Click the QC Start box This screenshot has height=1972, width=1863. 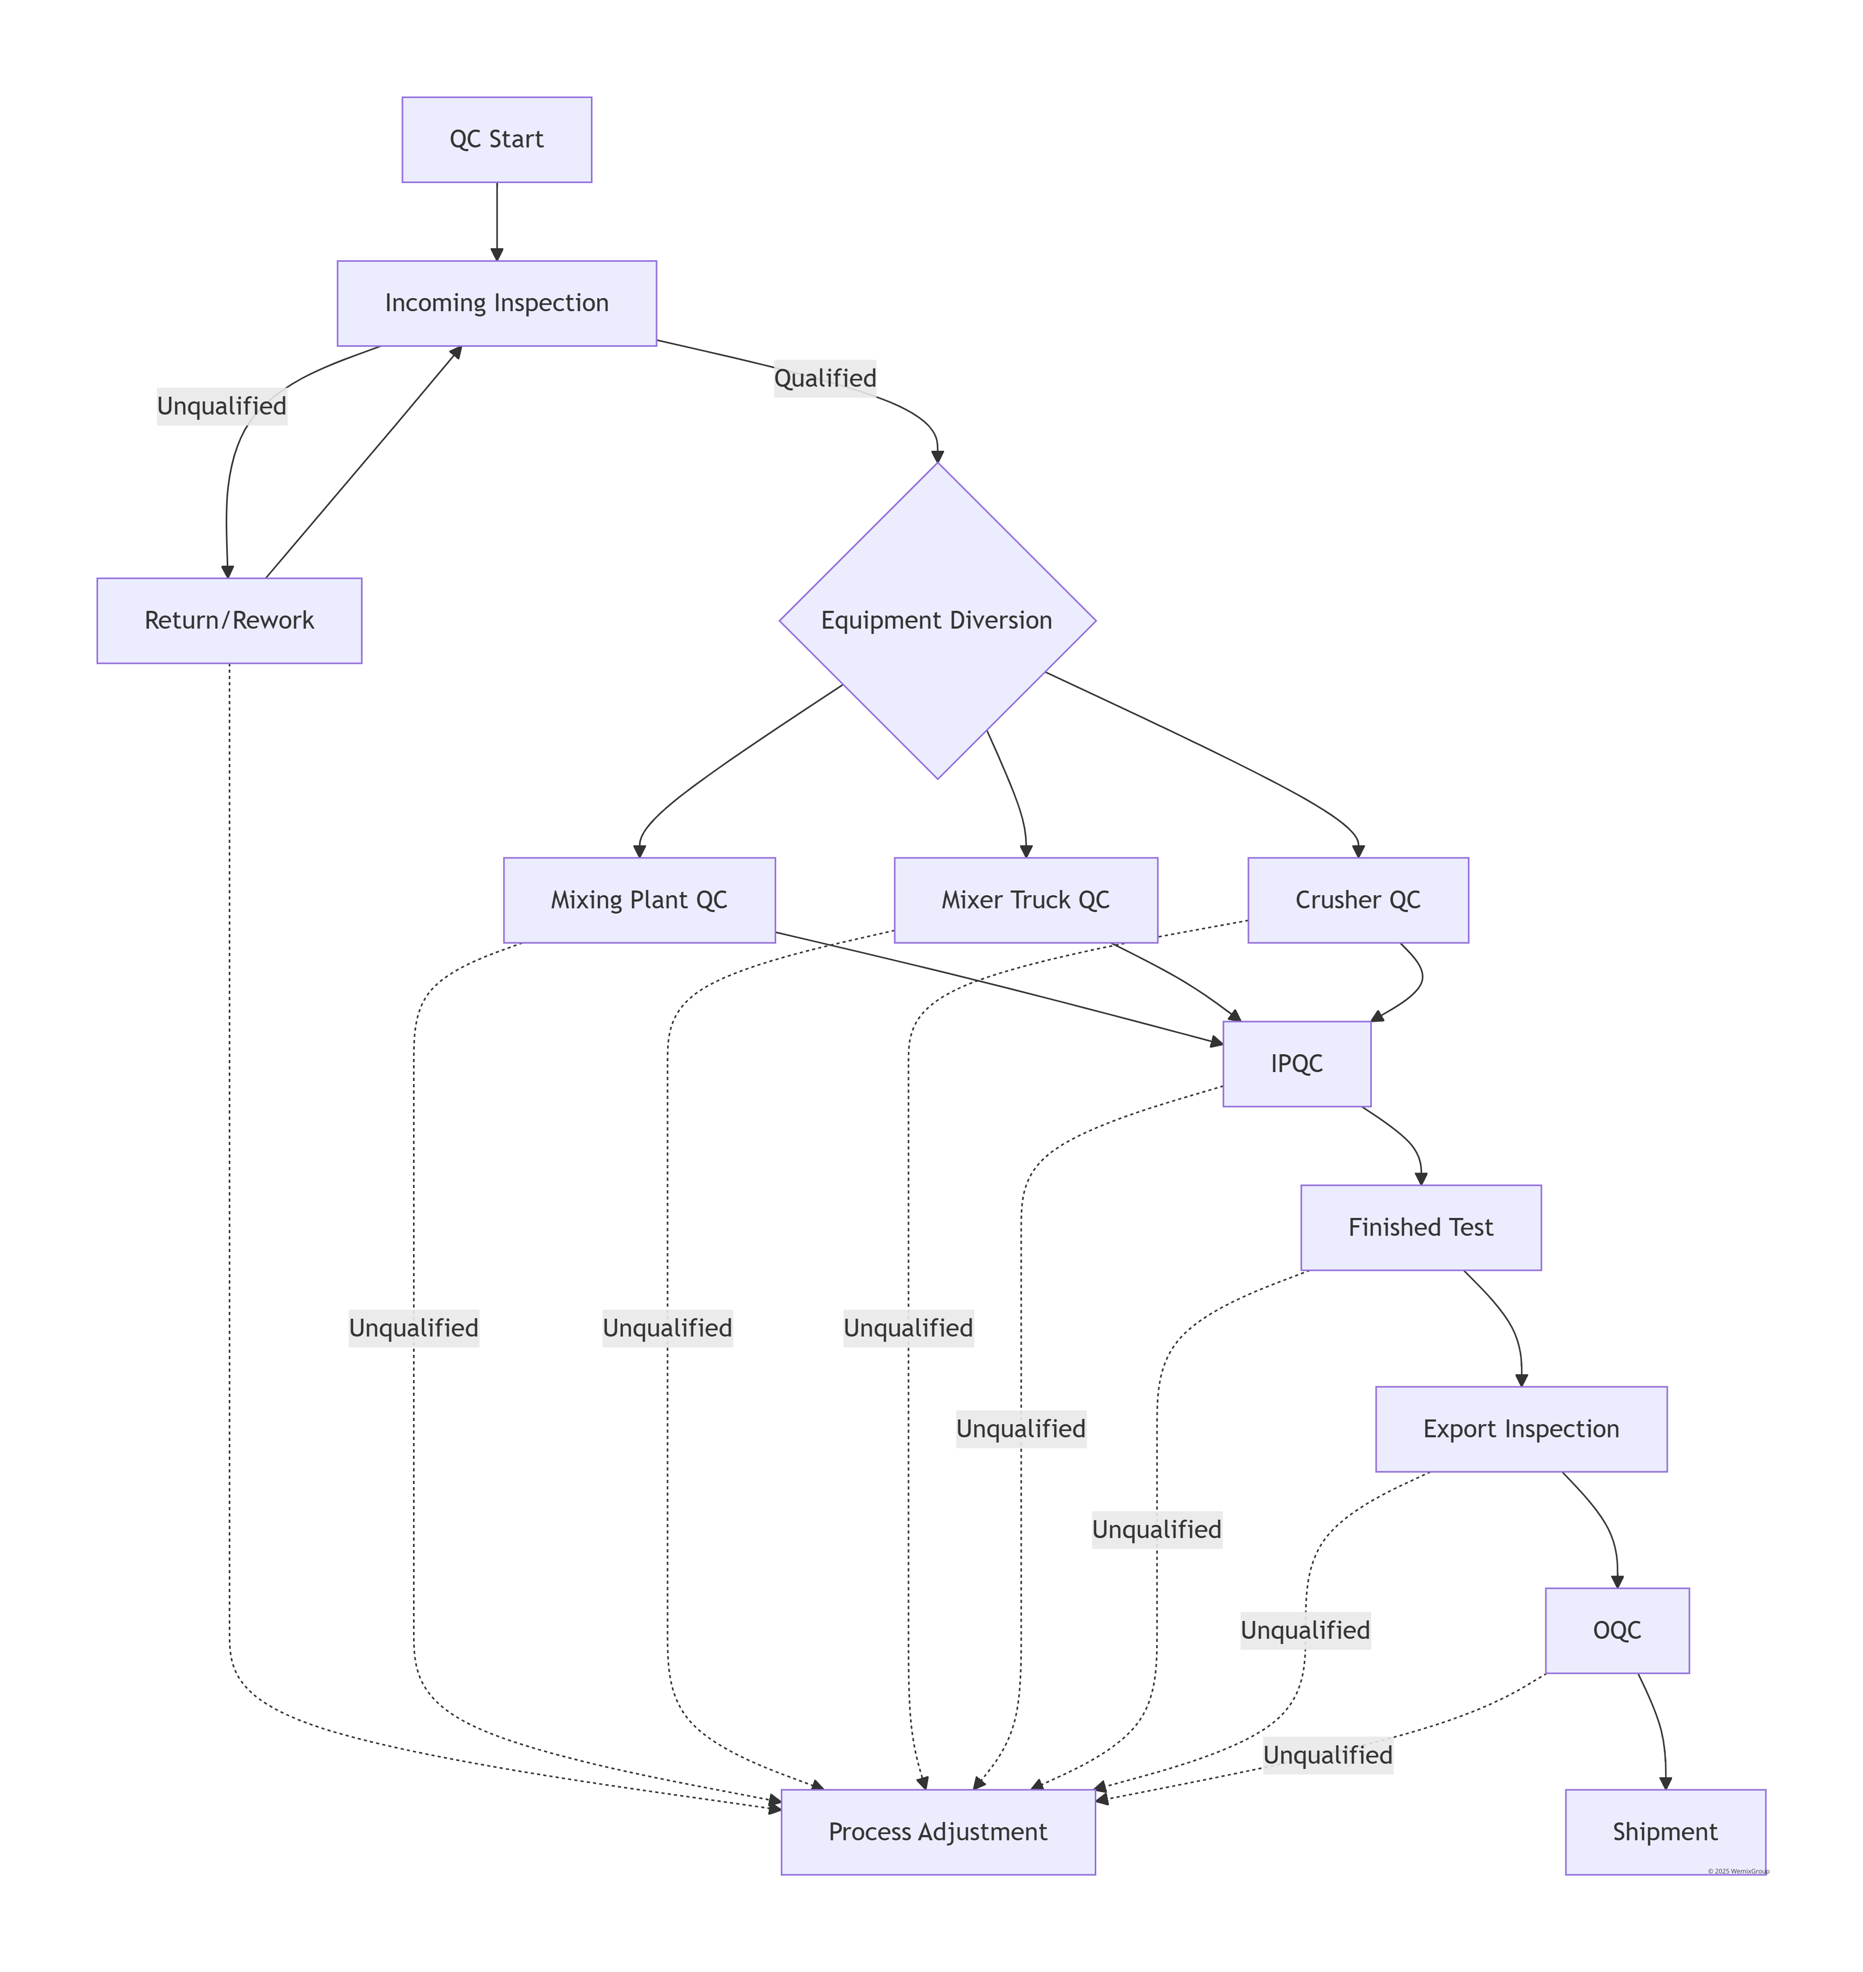tap(496, 139)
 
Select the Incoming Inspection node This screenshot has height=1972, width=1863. tap(496, 303)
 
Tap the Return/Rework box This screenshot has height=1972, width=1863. tap(229, 621)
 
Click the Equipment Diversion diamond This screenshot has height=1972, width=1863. tap(936, 621)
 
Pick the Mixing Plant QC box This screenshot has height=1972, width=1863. tap(639, 899)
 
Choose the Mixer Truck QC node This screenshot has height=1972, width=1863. tap(1026, 899)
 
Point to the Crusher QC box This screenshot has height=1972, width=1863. tap(1358, 899)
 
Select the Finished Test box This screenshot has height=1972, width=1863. tap(1420, 1227)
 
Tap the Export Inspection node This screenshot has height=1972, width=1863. tap(1520, 1429)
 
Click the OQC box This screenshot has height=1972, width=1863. tap(1617, 1630)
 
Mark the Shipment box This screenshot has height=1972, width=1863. tap(1665, 1832)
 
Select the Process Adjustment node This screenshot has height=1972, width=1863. tap(937, 1832)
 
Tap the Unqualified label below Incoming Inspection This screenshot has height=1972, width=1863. tap(221, 406)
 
